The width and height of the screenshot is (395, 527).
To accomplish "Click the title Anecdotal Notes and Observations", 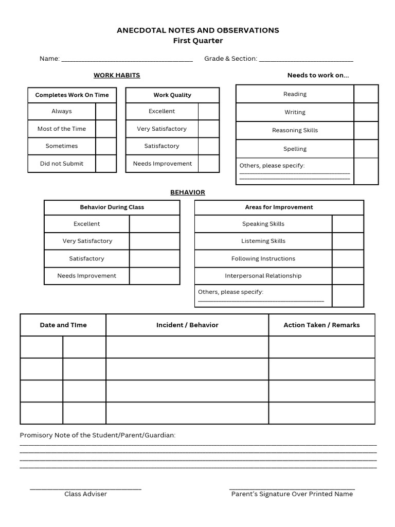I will point(198,30).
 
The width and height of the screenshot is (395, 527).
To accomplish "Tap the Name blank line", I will point(127,59).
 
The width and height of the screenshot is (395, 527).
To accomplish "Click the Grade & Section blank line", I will point(306,59).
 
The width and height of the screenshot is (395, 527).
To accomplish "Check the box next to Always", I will point(106,111).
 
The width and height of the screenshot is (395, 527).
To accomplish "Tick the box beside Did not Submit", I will point(106,164).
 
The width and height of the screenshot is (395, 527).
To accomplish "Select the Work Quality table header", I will point(172,95).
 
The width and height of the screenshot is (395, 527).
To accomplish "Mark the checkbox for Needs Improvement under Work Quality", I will point(209,164).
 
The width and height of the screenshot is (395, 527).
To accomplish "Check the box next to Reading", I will point(366,94).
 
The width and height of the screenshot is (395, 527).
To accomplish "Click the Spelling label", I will point(295,149).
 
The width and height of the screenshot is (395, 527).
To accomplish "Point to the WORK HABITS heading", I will point(117,75).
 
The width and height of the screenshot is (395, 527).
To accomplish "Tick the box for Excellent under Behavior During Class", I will point(154,224).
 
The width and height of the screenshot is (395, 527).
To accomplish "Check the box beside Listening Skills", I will point(348,241).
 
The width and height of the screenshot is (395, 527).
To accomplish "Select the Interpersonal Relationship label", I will point(263,276).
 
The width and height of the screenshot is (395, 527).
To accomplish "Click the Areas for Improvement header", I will point(279,207).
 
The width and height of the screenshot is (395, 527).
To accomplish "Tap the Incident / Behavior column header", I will point(187,325).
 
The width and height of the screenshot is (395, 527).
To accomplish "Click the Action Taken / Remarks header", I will point(321,325).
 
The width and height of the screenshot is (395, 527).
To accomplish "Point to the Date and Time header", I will point(63,325).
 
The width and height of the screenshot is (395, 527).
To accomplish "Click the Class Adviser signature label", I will point(85,494).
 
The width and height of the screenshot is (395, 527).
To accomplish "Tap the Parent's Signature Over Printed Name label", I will point(292,494).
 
